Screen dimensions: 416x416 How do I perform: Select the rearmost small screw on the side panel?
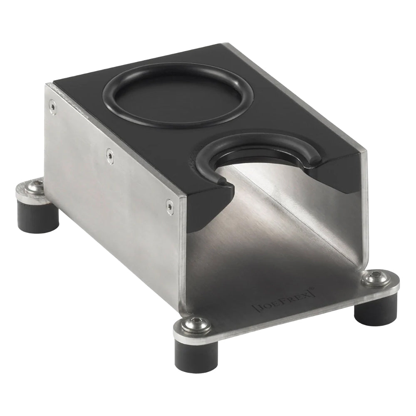[52, 106]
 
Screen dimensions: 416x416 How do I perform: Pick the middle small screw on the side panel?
[109, 156]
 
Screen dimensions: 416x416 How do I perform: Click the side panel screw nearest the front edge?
[169, 206]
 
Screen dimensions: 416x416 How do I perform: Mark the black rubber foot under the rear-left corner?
[38, 216]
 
